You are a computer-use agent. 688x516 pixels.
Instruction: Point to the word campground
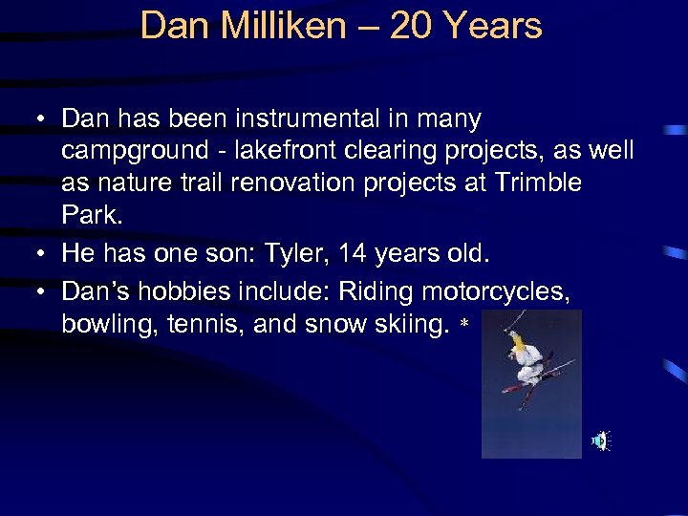135,151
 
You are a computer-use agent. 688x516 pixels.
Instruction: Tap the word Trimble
539,182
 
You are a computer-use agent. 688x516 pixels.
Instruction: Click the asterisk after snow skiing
464,327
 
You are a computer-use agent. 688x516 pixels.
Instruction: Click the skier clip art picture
530,382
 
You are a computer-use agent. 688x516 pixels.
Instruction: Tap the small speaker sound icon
599,441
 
